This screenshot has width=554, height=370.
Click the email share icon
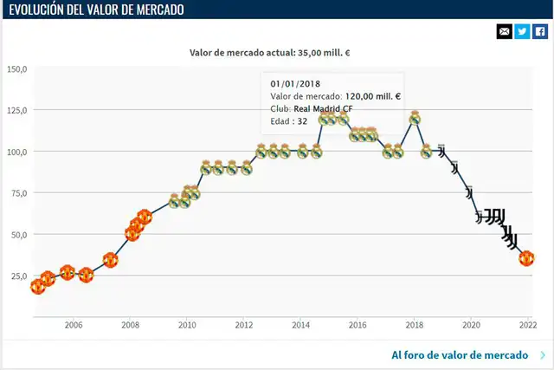point(505,32)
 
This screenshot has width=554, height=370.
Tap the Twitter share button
point(522,32)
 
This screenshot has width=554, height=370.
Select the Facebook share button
point(539,32)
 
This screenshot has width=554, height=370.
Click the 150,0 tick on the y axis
point(17,68)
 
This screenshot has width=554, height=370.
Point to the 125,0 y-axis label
point(17,110)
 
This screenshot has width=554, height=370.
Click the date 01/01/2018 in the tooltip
point(295,84)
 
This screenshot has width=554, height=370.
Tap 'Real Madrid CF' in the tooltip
point(323,109)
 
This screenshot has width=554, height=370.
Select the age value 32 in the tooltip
point(302,121)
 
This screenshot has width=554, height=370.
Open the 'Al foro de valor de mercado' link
point(460,355)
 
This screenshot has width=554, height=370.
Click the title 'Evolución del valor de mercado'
point(96,10)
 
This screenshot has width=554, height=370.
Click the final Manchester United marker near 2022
point(526,258)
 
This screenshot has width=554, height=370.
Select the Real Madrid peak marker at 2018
point(415,118)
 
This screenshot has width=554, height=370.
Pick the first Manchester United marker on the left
point(37,286)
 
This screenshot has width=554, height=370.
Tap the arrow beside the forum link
point(542,355)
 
